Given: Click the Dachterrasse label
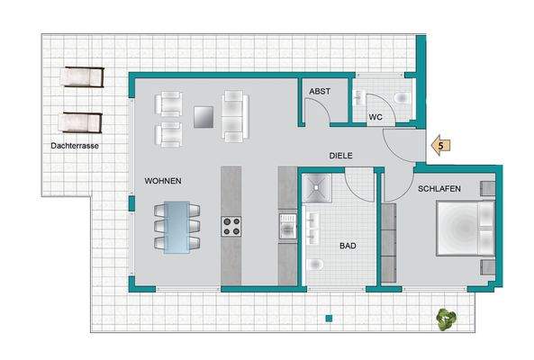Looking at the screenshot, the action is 75,146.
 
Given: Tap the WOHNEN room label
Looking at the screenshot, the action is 163,181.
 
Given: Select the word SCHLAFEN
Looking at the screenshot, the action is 439,189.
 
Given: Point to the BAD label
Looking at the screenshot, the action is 348,246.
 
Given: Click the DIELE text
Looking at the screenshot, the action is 340,156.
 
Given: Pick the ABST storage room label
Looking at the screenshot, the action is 320,92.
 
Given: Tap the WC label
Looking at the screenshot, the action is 376,117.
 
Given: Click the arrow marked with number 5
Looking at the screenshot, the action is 440,146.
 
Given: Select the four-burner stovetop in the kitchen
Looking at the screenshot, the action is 231,227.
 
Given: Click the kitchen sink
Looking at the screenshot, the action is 288,226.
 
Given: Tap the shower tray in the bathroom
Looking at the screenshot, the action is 317,188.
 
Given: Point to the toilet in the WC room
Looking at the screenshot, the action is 403,98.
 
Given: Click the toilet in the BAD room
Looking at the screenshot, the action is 314,265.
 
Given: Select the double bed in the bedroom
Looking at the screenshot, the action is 466,228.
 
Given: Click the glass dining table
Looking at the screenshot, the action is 176,228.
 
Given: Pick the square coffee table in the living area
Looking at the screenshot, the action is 204,117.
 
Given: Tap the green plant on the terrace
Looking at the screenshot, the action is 447,319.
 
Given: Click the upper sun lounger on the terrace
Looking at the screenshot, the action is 83,76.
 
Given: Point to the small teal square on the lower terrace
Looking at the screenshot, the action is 329,319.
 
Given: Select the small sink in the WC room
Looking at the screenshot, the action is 358,97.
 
